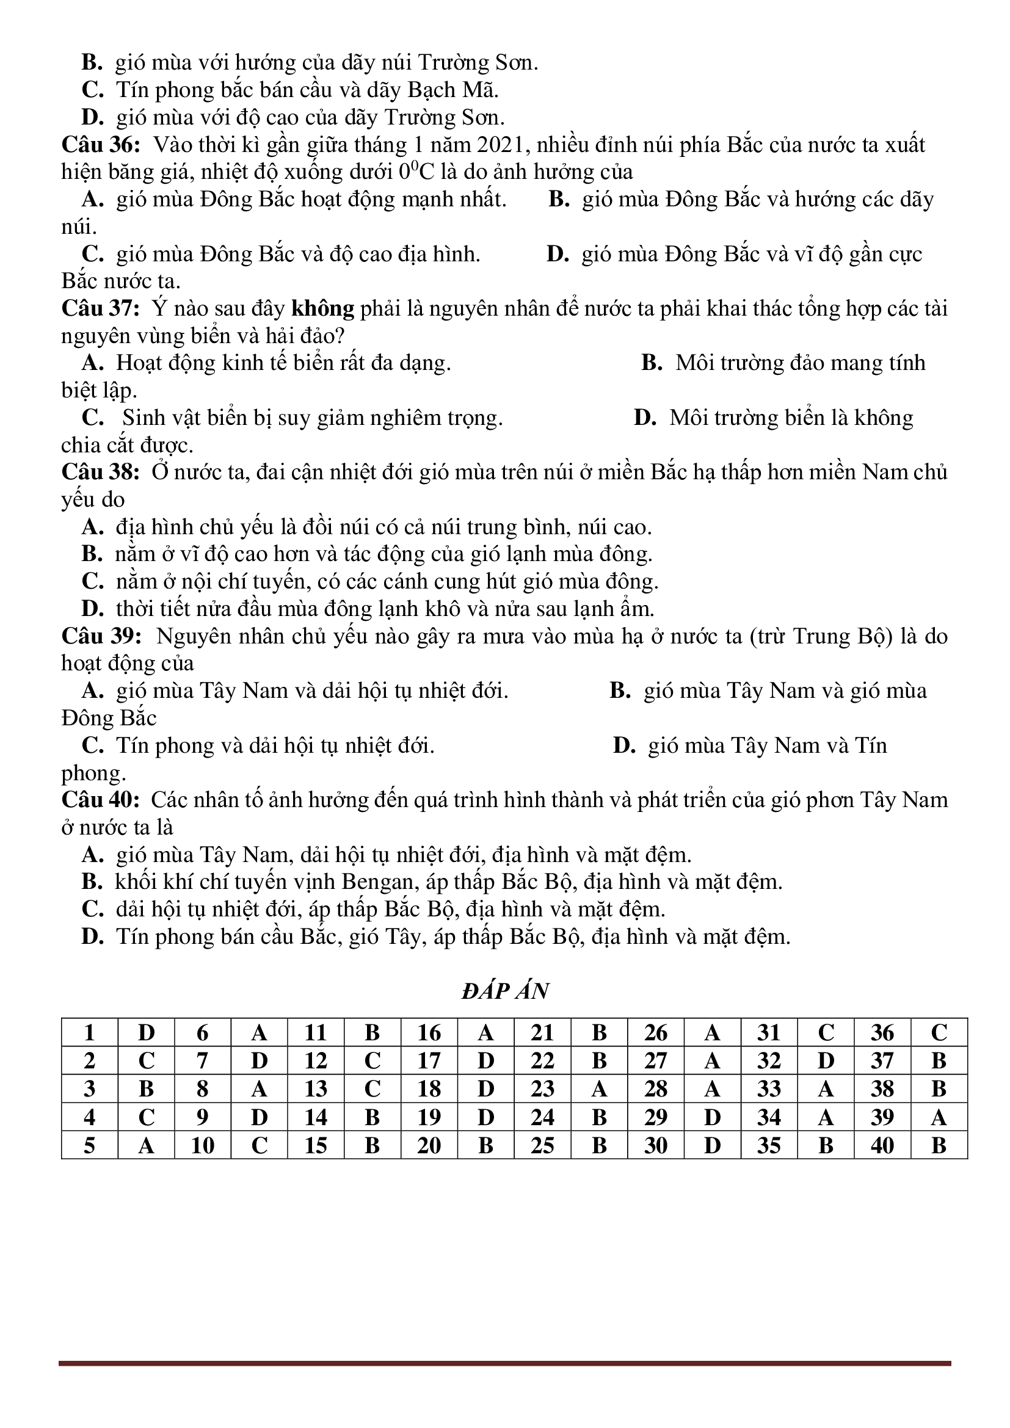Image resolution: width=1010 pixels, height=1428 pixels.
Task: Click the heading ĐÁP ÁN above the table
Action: pos(504,991)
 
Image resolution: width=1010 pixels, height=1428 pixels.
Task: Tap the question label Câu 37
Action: pos(101,308)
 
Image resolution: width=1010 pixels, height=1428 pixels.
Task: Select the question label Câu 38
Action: pos(101,472)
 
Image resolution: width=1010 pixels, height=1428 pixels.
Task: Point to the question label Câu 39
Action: pos(101,636)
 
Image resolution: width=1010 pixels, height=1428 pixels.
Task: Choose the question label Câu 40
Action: pos(101,800)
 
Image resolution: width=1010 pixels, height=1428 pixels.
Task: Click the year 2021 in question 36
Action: pos(501,145)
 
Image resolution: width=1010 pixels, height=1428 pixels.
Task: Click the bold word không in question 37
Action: pos(323,308)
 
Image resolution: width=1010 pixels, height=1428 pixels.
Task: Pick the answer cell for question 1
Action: pos(146,1033)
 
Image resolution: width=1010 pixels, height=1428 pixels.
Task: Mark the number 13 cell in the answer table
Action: pos(315,1089)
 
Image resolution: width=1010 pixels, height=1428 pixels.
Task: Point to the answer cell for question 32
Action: pos(826,1061)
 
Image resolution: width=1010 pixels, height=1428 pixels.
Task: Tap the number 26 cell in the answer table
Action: pos(655,1033)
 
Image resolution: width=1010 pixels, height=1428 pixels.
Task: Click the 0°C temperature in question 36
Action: pos(415,172)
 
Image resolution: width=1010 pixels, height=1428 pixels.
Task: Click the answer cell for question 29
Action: pos(712,1117)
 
